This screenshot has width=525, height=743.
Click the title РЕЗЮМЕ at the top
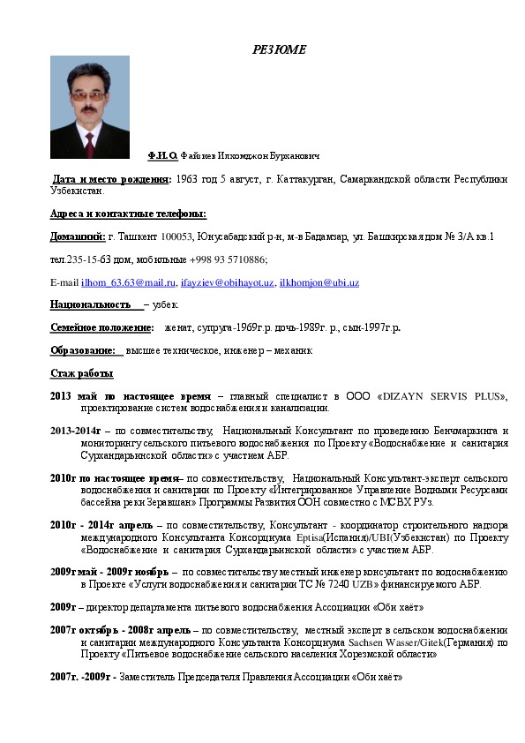pos(279,49)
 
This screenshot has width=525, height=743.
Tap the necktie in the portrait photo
pos(89,143)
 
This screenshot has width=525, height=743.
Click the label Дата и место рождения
pos(111,178)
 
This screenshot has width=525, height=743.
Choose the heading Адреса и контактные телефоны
pos(128,214)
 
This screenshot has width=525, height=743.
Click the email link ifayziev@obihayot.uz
pos(226,282)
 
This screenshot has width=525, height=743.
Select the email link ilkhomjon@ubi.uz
pos(319,282)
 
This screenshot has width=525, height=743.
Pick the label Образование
pos(83,350)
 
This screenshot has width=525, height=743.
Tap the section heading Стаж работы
pos(81,373)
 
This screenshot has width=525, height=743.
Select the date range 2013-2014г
pos(77,431)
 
